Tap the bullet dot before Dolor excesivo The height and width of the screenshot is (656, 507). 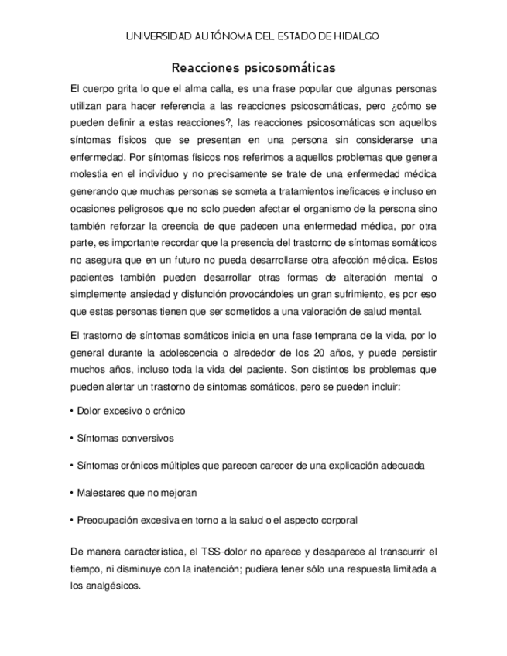[x=71, y=411]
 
